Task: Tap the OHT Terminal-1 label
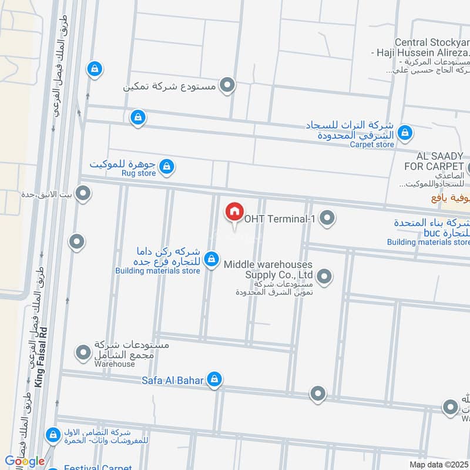tap(281, 219)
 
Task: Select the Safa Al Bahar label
tap(172, 380)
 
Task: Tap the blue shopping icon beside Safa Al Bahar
tap(215, 379)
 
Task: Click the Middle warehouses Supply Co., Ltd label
tap(268, 270)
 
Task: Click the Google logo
tap(24, 461)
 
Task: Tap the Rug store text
tap(139, 173)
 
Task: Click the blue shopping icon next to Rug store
tap(167, 167)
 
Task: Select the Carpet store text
tap(372, 144)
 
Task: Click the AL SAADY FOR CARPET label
tap(440, 160)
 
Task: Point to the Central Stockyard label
tap(431, 42)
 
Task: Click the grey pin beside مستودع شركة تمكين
tap(227, 86)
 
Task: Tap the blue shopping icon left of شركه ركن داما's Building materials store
tap(212, 258)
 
